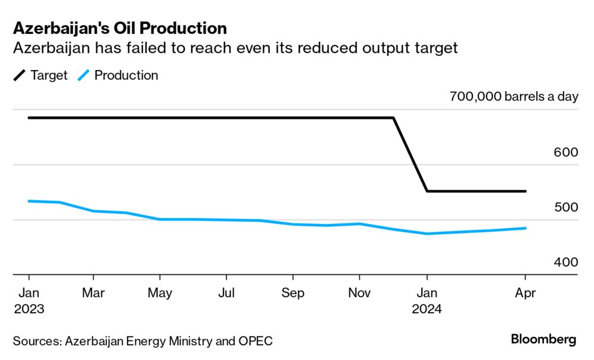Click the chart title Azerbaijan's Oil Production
(x=119, y=28)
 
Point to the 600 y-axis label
(x=565, y=152)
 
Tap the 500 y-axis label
(x=565, y=207)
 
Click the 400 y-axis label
(x=565, y=263)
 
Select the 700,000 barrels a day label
(x=514, y=97)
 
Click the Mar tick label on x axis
(x=93, y=293)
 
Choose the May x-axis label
(x=160, y=293)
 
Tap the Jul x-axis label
(x=226, y=293)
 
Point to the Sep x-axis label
(x=293, y=293)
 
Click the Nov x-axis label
(x=359, y=293)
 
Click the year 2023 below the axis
(x=29, y=309)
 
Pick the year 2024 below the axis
(x=426, y=309)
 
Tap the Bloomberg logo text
(x=543, y=340)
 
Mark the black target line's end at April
(x=526, y=191)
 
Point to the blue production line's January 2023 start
(x=29, y=201)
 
